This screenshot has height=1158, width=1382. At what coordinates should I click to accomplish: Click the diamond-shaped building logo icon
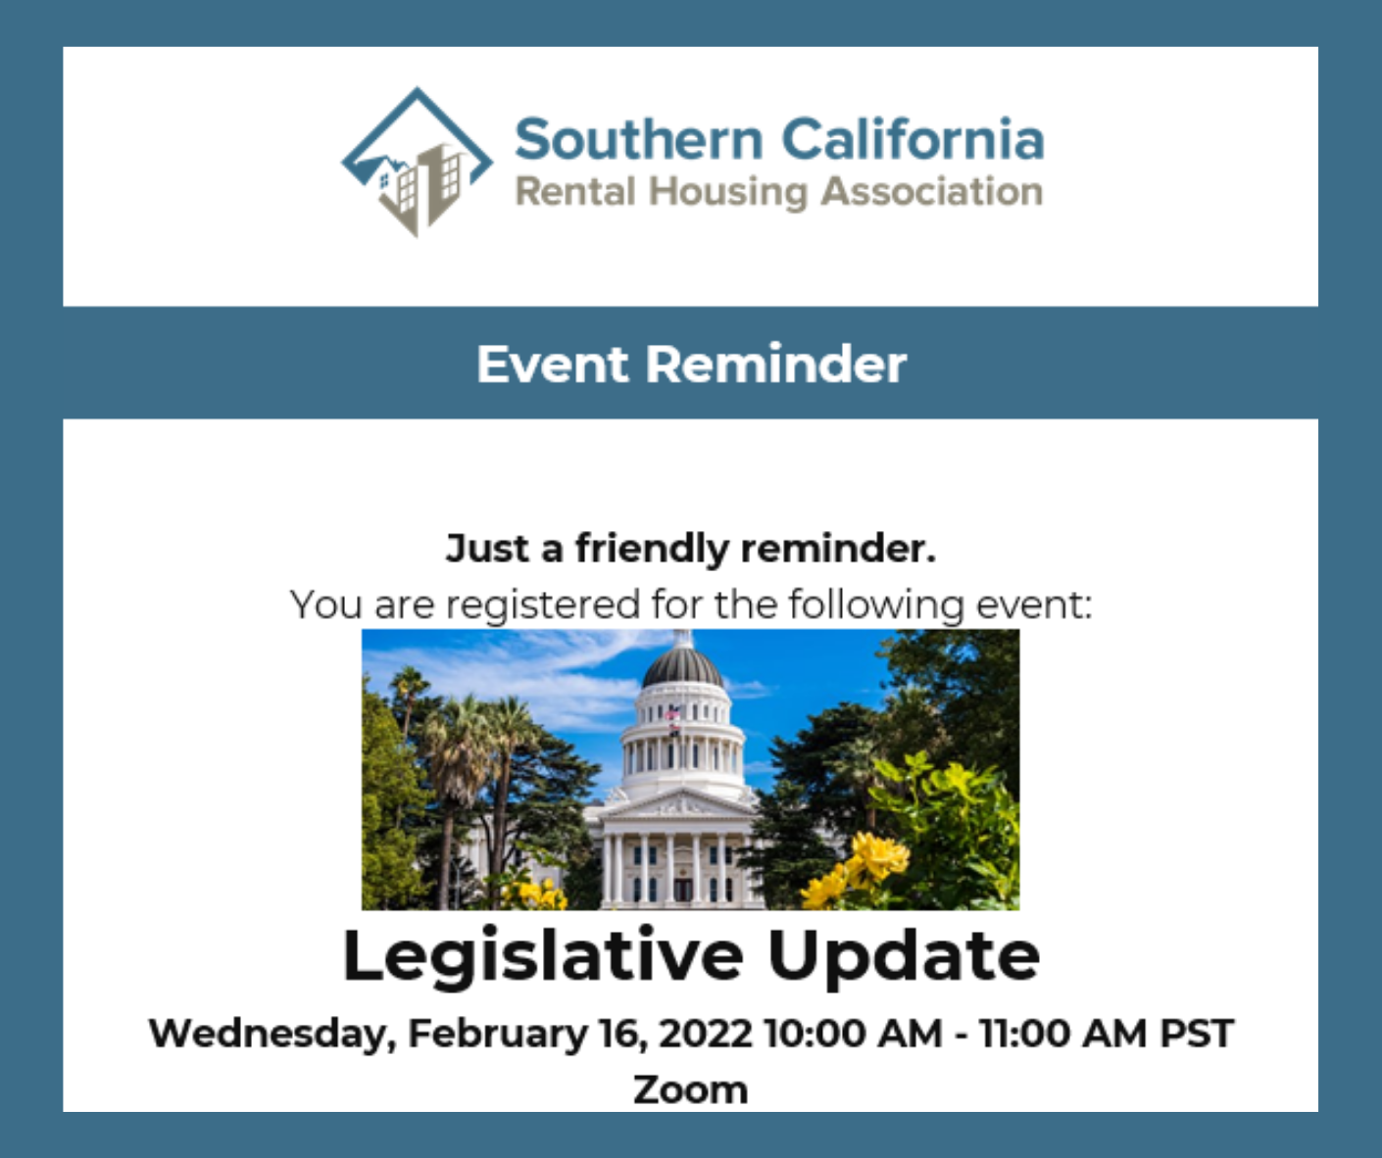tap(417, 162)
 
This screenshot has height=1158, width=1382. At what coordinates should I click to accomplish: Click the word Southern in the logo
tap(639, 139)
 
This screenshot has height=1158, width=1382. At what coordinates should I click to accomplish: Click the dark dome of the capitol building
tap(682, 667)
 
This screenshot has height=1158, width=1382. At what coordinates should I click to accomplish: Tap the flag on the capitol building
tap(673, 714)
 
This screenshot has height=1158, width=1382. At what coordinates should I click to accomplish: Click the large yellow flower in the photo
tap(879, 853)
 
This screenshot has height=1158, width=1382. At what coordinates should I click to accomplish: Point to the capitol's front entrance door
tap(683, 889)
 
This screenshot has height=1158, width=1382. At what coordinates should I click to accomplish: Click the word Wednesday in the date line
tap(272, 1034)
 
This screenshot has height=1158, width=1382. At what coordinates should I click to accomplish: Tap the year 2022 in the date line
tap(706, 1033)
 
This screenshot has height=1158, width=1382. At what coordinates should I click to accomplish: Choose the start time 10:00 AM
tap(853, 1033)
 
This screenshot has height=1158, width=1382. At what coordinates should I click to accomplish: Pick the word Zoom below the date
tap(690, 1089)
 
